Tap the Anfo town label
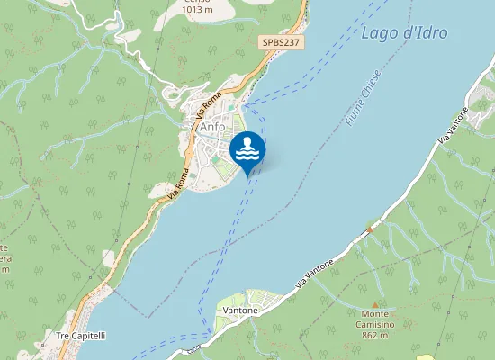coord(212,127)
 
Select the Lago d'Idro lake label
coord(403,34)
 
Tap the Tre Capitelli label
coord(81,336)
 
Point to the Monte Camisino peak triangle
coord(374,303)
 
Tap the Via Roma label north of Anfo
coord(208,106)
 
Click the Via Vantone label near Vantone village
coord(315,274)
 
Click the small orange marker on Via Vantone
coord(369,230)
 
